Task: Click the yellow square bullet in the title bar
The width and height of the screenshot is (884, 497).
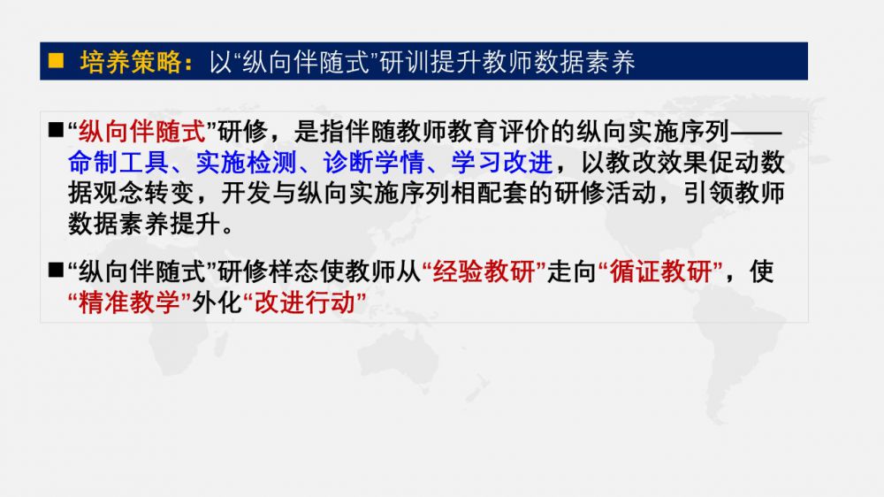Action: click(56, 60)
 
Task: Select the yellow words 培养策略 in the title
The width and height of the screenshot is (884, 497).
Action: click(131, 62)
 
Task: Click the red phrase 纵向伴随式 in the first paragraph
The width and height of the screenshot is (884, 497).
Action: click(142, 132)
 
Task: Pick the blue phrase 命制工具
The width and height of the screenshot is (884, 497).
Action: click(118, 163)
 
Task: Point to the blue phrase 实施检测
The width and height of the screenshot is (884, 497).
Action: click(246, 163)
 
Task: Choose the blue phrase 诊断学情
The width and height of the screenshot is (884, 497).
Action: click(374, 163)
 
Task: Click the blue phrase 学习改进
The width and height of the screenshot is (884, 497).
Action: click(502, 163)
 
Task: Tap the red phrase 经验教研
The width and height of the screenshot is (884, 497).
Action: click(484, 271)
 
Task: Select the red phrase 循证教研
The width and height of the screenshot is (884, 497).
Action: click(661, 271)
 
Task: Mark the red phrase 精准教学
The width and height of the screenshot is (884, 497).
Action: click(129, 302)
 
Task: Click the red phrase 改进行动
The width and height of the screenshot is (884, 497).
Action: click(305, 302)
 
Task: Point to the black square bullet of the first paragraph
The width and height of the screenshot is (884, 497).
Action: click(56, 131)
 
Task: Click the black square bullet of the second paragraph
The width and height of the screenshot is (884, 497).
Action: click(56, 271)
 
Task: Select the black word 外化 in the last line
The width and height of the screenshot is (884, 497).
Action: click(217, 302)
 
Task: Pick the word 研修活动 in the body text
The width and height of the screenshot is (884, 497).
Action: click(606, 194)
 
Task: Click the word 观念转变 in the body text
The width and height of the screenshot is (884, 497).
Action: click(144, 194)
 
